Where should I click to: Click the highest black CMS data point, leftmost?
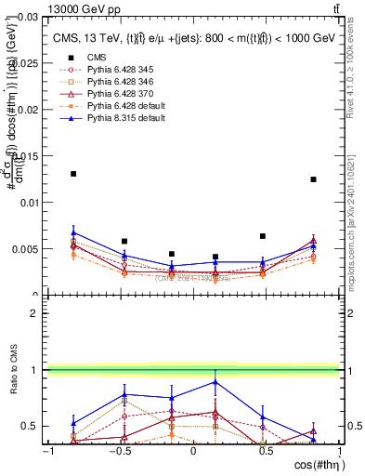[x=73, y=174]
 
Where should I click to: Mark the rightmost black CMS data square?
[x=313, y=179]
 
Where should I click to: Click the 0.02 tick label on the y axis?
[x=28, y=110]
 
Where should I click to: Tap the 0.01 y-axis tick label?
[x=28, y=203]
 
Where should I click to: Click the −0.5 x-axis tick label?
[x=119, y=450]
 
